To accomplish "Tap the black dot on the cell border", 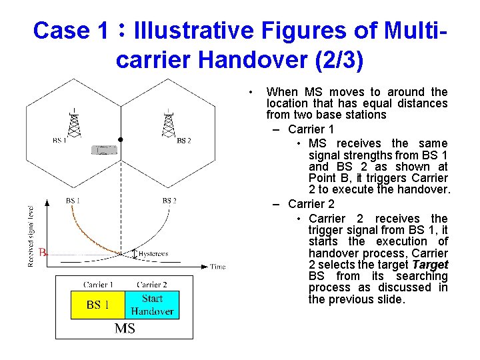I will coord(120,140).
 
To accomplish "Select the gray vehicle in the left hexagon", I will coord(105,149).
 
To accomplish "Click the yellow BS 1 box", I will coord(97,305).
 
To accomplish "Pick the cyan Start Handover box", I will coord(152,305).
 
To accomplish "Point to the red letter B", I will coord(43,253).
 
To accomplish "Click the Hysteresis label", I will coord(153,254).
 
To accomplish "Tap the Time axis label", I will coord(218,267).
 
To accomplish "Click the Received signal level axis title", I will coord(31,235).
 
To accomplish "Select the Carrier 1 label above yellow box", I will coord(97,285).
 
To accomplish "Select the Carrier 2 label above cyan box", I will coord(152,285).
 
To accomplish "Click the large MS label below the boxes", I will coord(125,328).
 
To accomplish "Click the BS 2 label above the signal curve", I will coord(169,201).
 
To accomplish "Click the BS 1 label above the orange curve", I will coord(73,201).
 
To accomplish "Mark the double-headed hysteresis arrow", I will coord(133,254).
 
